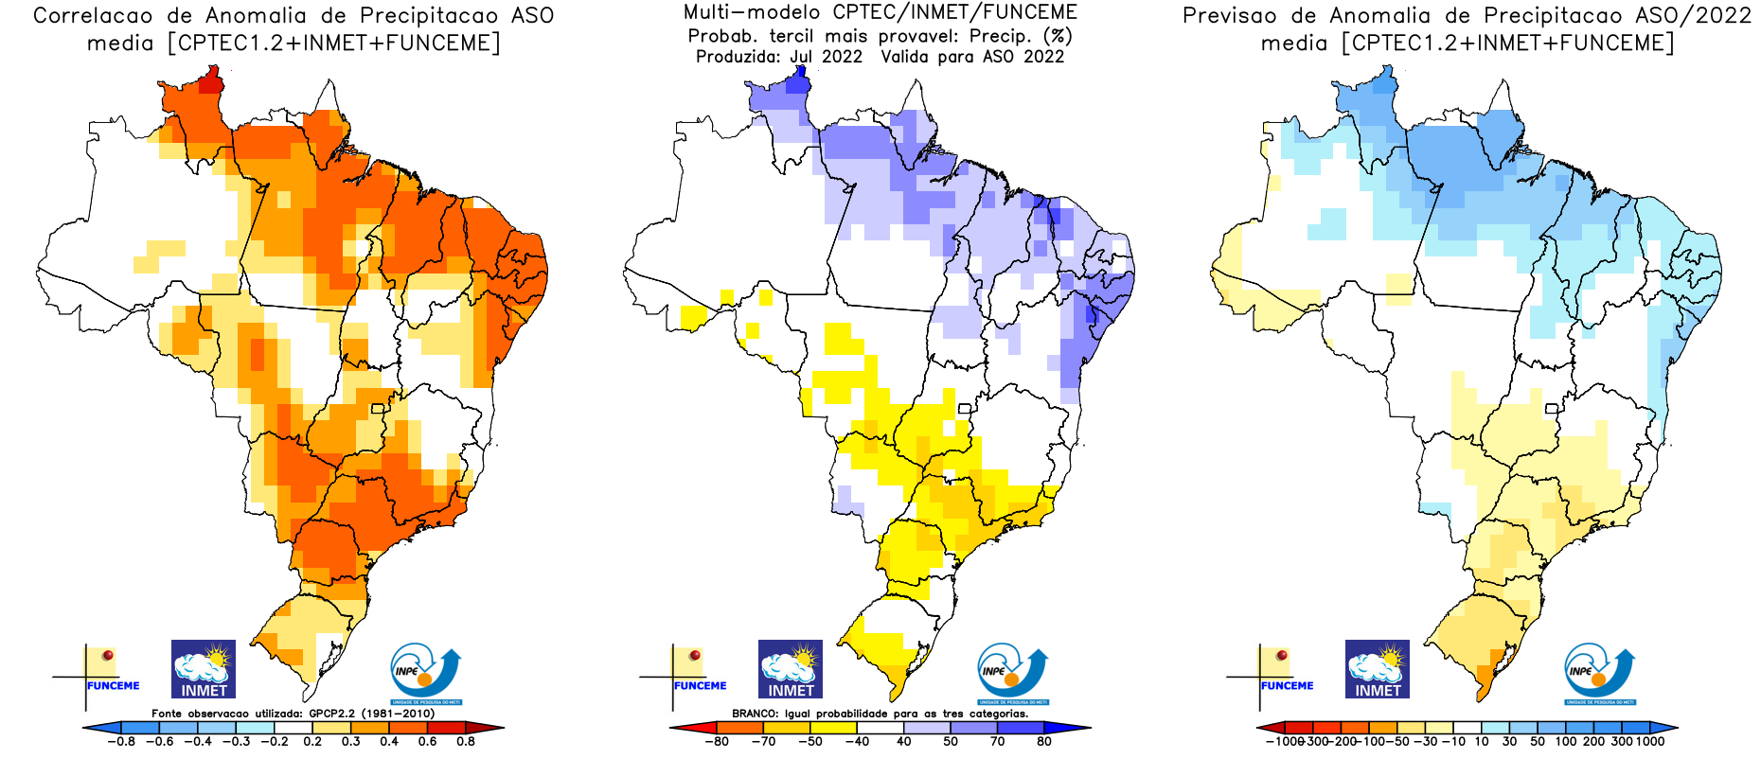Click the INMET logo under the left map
204,669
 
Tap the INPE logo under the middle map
1012,673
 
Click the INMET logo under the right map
1378,669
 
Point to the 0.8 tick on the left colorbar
466,741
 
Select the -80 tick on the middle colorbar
717,741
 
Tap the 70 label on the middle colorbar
998,741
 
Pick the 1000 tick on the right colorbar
1649,741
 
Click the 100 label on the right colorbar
1565,741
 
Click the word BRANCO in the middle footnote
756,714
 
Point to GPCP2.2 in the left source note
332,714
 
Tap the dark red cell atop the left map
211,81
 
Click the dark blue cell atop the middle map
798,82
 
